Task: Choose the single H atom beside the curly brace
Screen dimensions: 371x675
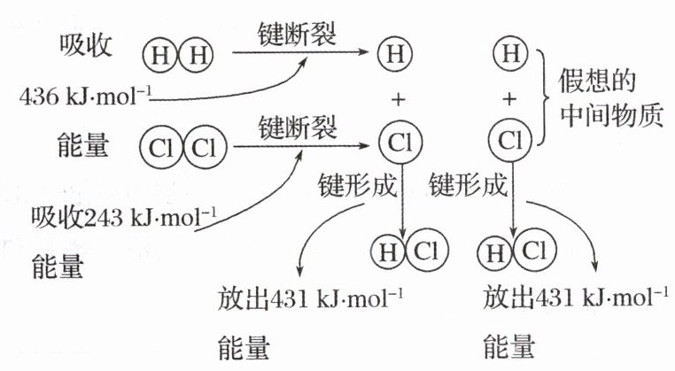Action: [x=508, y=55]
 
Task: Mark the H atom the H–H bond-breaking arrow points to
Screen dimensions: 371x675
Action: [x=394, y=55]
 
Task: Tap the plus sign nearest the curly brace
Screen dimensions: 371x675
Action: [x=508, y=99]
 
